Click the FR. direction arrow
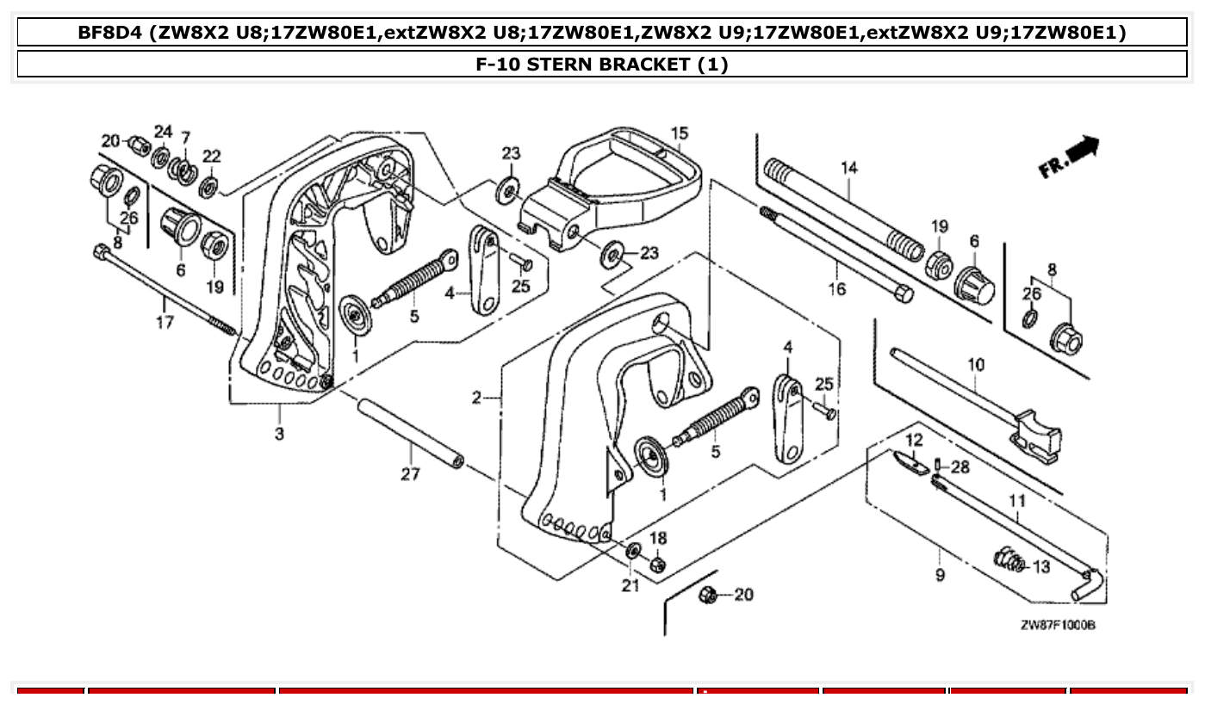[x=1071, y=157]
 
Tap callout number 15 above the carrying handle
[x=680, y=133]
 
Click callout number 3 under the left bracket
[x=279, y=435]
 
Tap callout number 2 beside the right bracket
[x=476, y=398]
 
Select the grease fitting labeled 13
[x=1006, y=560]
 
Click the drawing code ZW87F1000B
[x=1058, y=626]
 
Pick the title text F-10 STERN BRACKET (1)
[x=602, y=65]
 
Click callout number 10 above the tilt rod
[x=975, y=365]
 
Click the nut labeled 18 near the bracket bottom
[x=656, y=565]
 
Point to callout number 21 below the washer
[x=630, y=586]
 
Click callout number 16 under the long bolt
[x=836, y=289]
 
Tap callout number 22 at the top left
[x=211, y=156]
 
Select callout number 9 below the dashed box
[x=940, y=574]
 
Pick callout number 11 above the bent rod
[x=1017, y=499]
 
